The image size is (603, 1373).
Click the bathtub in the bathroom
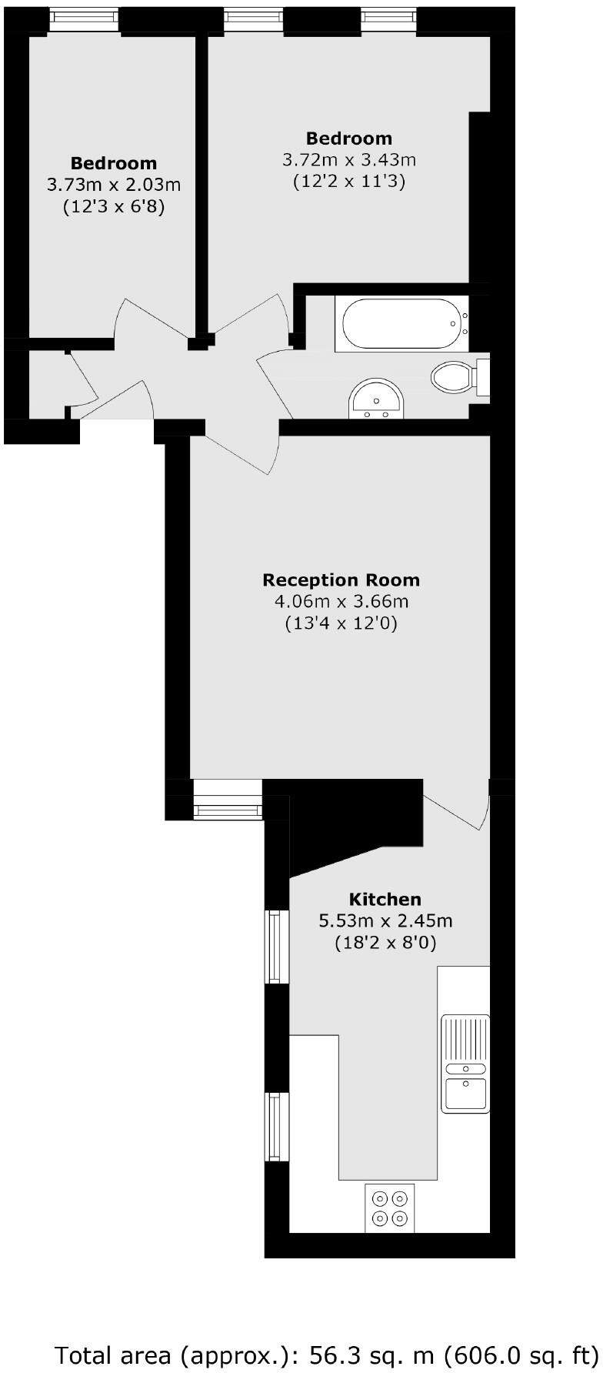(401, 324)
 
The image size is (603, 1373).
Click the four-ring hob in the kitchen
(389, 1208)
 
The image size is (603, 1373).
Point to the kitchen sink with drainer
(464, 1063)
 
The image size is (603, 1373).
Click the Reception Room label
(341, 580)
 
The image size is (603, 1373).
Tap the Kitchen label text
(385, 899)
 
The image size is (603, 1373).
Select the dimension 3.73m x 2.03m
(114, 185)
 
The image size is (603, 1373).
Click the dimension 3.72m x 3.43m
(349, 160)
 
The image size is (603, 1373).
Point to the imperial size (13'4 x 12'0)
(341, 623)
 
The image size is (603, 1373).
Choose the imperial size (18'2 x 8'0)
(385, 942)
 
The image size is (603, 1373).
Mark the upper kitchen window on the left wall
(276, 947)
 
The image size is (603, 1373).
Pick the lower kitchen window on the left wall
(276, 1127)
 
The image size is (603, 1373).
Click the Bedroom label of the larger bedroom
(349, 139)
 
